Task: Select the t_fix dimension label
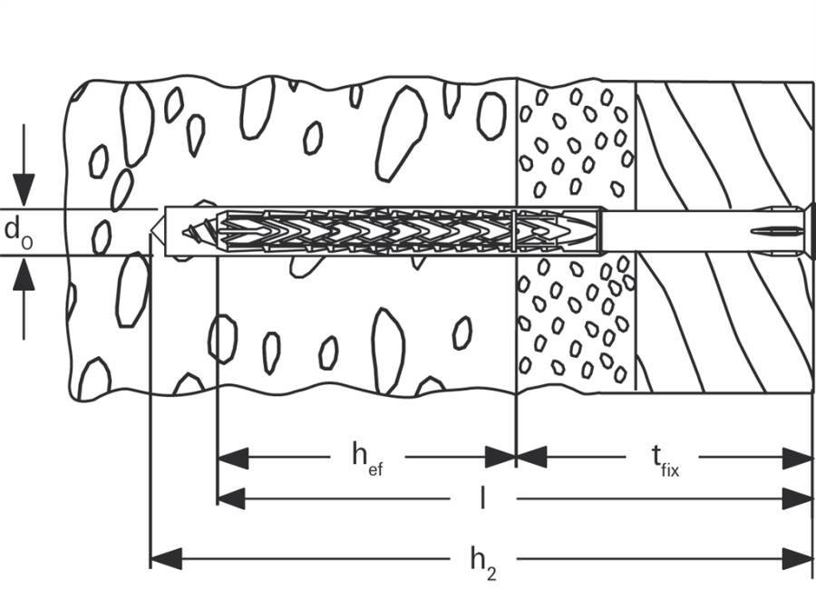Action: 665,460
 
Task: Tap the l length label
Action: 482,498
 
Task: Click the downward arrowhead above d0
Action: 24,189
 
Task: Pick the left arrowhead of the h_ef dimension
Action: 230,458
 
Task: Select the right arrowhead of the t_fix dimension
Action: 798,458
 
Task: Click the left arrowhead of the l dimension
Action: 230,497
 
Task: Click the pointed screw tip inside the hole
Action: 193,231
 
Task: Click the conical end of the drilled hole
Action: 157,231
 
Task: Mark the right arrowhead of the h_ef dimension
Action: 501,458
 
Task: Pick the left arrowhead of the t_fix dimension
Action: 531,458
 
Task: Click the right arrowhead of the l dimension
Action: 798,497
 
